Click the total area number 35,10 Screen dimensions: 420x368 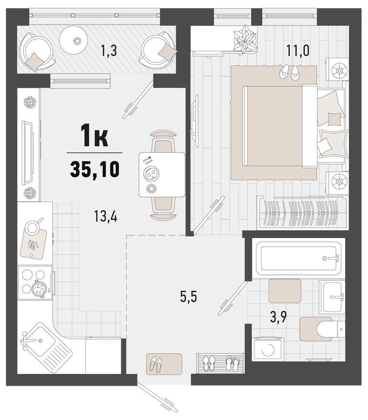click(95, 169)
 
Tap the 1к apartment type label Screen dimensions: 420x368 click(95, 138)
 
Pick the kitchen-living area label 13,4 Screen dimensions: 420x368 click(106, 217)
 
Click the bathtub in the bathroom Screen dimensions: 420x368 click(298, 258)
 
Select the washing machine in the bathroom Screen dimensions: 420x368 click(267, 348)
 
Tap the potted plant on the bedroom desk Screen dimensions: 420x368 click(246, 40)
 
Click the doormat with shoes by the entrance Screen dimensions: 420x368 click(164, 364)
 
